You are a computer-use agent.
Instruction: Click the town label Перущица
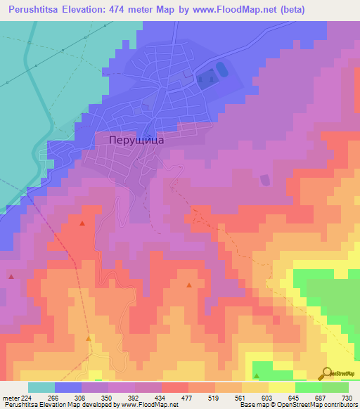pyautogui.click(x=137, y=140)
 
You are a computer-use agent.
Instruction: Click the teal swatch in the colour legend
pyautogui.click(x=41, y=387)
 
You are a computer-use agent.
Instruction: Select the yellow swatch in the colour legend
pyautogui.click(x=281, y=387)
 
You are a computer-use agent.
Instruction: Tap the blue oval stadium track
pyautogui.click(x=222, y=70)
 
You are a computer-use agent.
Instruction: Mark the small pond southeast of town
pyautogui.click(x=264, y=181)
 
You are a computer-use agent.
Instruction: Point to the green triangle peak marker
pyautogui.click(x=256, y=376)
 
